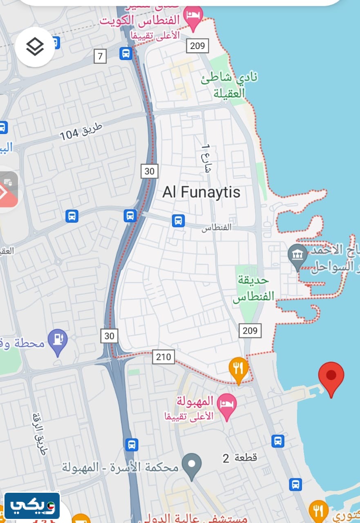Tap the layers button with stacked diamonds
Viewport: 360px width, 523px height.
point(35,47)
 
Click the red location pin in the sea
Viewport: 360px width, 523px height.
point(331,377)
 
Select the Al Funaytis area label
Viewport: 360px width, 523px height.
point(201,192)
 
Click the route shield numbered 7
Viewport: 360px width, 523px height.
point(100,56)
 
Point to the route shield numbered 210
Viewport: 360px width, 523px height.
point(163,357)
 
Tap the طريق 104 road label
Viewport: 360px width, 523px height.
point(81,130)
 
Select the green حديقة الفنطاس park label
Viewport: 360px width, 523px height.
point(253,288)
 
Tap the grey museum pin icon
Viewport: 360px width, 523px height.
point(297,256)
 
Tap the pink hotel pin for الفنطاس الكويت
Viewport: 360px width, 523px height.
point(193,16)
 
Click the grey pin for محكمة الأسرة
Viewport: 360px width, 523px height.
point(192,465)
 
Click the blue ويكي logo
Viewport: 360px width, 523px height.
point(32,506)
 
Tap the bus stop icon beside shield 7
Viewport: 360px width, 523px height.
point(125,53)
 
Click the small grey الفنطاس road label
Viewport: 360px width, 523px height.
point(217,227)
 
